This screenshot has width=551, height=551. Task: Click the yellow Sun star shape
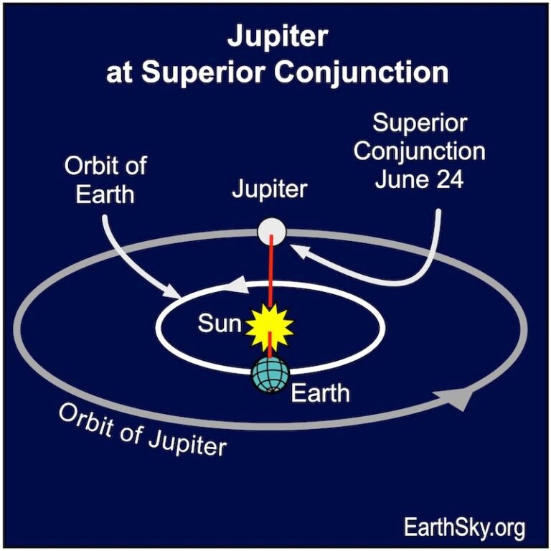click(x=270, y=328)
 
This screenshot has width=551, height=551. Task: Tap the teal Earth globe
click(x=270, y=375)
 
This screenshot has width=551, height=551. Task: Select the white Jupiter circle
click(x=272, y=232)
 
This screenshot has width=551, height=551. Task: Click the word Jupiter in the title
click(x=278, y=37)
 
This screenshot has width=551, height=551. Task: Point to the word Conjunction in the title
click(x=362, y=73)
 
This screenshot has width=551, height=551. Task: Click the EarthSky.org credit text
click(x=465, y=527)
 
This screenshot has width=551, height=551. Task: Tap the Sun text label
click(x=220, y=324)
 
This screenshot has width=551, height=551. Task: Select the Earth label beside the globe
click(x=320, y=393)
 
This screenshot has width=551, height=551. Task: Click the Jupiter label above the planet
click(x=270, y=189)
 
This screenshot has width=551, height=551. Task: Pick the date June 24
click(x=419, y=179)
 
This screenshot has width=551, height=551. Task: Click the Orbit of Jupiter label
click(x=142, y=430)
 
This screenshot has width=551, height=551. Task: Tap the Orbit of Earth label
click(x=105, y=180)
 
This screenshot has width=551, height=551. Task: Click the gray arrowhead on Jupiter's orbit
click(x=454, y=399)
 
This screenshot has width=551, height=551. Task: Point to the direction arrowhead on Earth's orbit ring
click(x=235, y=285)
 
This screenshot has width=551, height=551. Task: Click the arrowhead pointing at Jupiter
click(x=300, y=251)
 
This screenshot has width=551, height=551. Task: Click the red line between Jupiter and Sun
click(x=270, y=270)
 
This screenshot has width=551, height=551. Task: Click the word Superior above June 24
click(x=420, y=123)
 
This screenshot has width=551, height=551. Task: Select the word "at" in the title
click(x=119, y=74)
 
